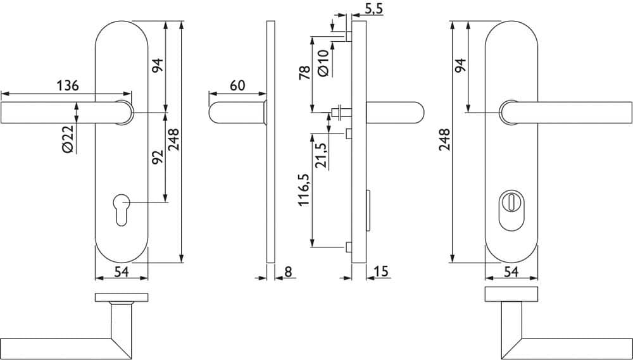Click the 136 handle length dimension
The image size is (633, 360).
[x=68, y=86]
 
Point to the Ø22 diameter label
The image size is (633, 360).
[x=68, y=139]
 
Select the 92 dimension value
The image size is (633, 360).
[x=158, y=157]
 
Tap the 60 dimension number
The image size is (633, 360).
[x=237, y=85]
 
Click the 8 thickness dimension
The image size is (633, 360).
[x=288, y=271]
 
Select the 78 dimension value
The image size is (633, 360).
[x=305, y=73]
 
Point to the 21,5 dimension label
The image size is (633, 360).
[x=322, y=156]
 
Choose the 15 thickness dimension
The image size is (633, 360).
[x=380, y=271]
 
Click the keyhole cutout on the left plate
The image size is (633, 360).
[x=122, y=209]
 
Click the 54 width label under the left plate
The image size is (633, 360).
[x=121, y=272]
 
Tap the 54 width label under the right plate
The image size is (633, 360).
[x=511, y=272]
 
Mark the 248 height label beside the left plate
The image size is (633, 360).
[x=174, y=139]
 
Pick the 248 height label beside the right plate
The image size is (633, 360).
[x=444, y=140]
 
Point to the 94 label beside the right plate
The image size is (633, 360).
[x=460, y=65]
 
